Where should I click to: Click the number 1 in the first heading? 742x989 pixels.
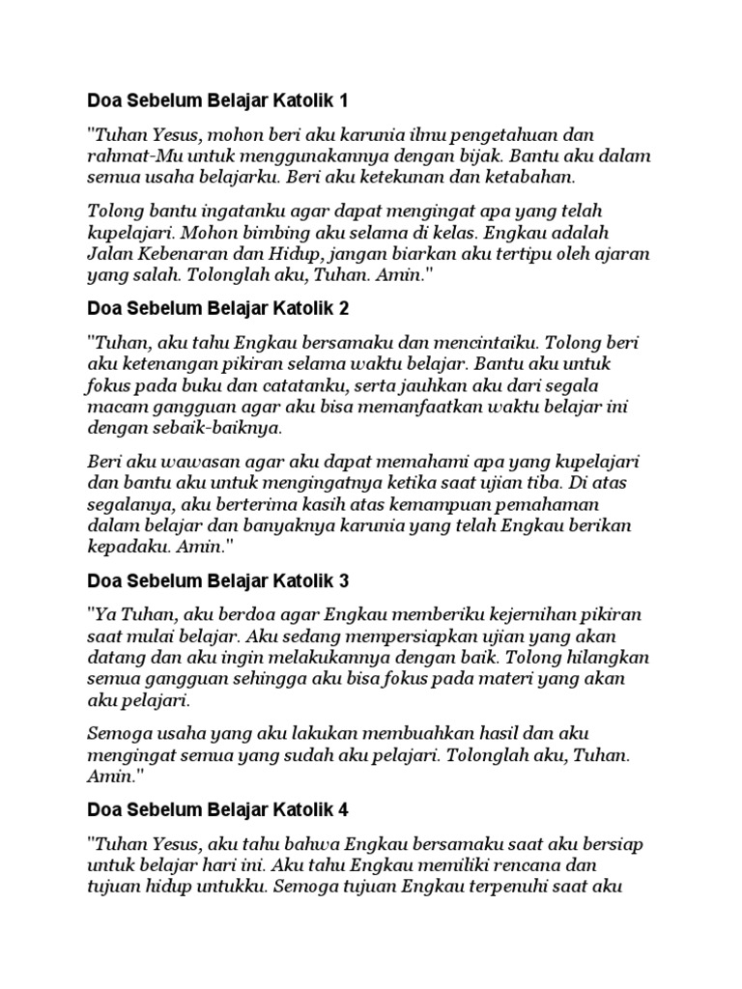coord(340,99)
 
